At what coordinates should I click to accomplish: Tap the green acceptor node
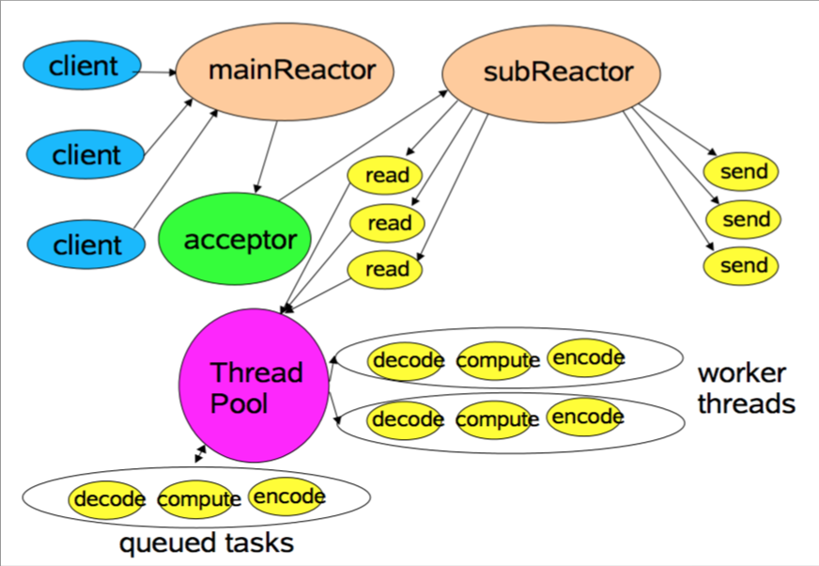coord(240,239)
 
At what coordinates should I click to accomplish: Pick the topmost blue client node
coord(83,66)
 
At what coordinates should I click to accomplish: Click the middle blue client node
coord(85,154)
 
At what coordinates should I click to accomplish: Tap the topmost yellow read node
coord(386,175)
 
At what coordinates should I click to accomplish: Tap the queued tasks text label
coord(206,542)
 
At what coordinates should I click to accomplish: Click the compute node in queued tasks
coord(196,499)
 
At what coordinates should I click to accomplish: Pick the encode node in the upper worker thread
coord(587,358)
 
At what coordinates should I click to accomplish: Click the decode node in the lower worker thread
coord(407,418)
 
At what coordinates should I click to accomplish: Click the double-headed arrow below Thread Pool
coord(201,454)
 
